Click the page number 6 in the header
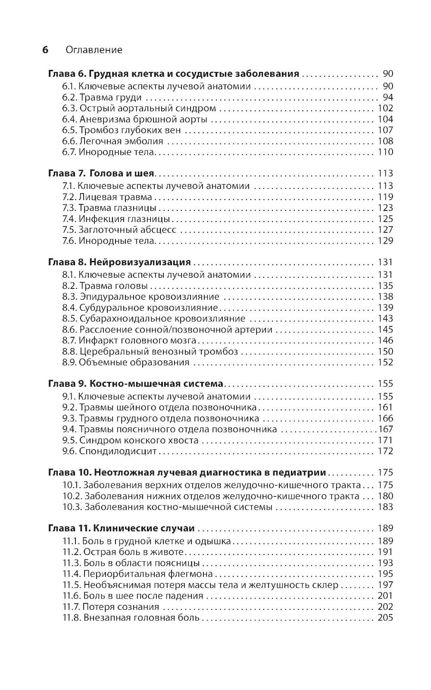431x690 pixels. click(45, 50)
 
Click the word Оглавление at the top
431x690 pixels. click(94, 50)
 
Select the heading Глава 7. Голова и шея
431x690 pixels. click(101, 173)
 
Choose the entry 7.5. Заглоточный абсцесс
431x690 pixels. click(119, 230)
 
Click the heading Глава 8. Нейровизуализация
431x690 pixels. click(119, 262)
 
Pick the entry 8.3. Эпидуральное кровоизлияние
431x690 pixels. click(141, 297)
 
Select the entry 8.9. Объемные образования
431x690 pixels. click(126, 363)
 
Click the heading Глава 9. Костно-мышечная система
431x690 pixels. click(135, 384)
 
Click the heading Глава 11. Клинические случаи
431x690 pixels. click(121, 528)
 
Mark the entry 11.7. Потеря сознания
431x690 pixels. click(111, 607)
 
